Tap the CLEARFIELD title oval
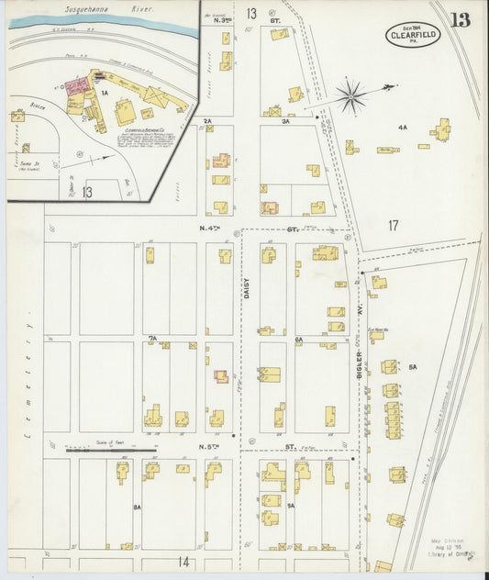(413, 35)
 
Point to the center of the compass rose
(351, 94)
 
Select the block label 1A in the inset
(105, 94)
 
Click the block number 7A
(153, 339)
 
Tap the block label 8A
(137, 506)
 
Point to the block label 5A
(412, 367)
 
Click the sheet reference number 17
(393, 225)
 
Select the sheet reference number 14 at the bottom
(183, 561)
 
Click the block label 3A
(286, 120)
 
